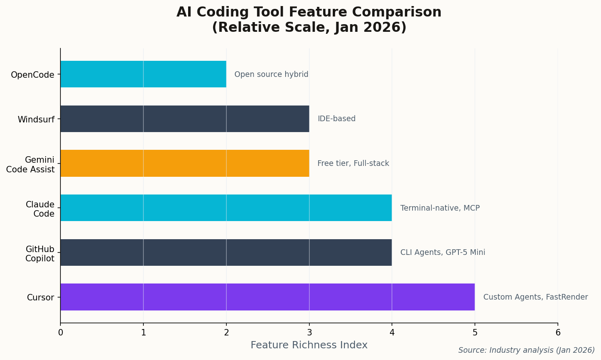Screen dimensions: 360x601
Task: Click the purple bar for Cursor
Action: pyautogui.click(x=267, y=297)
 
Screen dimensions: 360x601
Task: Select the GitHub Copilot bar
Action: pyautogui.click(x=226, y=252)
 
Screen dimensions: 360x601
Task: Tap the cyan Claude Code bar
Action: pyautogui.click(x=226, y=208)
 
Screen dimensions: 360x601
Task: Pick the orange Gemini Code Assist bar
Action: pyautogui.click(x=185, y=163)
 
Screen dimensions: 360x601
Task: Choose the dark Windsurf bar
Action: pyautogui.click(x=185, y=119)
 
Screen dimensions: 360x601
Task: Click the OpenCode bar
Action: pyautogui.click(x=143, y=74)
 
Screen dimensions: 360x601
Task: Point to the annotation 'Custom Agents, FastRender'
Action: pyautogui.click(x=535, y=297)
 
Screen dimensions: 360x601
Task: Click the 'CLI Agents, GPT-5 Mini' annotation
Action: pyautogui.click(x=442, y=252)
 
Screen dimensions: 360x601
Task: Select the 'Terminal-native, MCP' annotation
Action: pyautogui.click(x=440, y=208)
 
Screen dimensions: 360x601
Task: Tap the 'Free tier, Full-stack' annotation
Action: pyautogui.click(x=353, y=163)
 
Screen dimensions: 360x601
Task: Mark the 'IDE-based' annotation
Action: pyautogui.click(x=336, y=119)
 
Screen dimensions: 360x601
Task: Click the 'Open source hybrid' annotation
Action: pyautogui.click(x=271, y=74)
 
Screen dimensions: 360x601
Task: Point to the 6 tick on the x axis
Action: pyautogui.click(x=557, y=332)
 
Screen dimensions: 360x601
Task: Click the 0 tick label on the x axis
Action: pyautogui.click(x=60, y=332)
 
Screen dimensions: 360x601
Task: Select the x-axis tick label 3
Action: pyautogui.click(x=309, y=332)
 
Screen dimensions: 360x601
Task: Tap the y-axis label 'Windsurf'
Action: pyautogui.click(x=36, y=120)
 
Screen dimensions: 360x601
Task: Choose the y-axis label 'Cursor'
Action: pyautogui.click(x=40, y=298)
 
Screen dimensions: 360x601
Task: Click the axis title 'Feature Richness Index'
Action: pyautogui.click(x=309, y=345)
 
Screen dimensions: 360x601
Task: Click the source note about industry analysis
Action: pyautogui.click(x=526, y=350)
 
